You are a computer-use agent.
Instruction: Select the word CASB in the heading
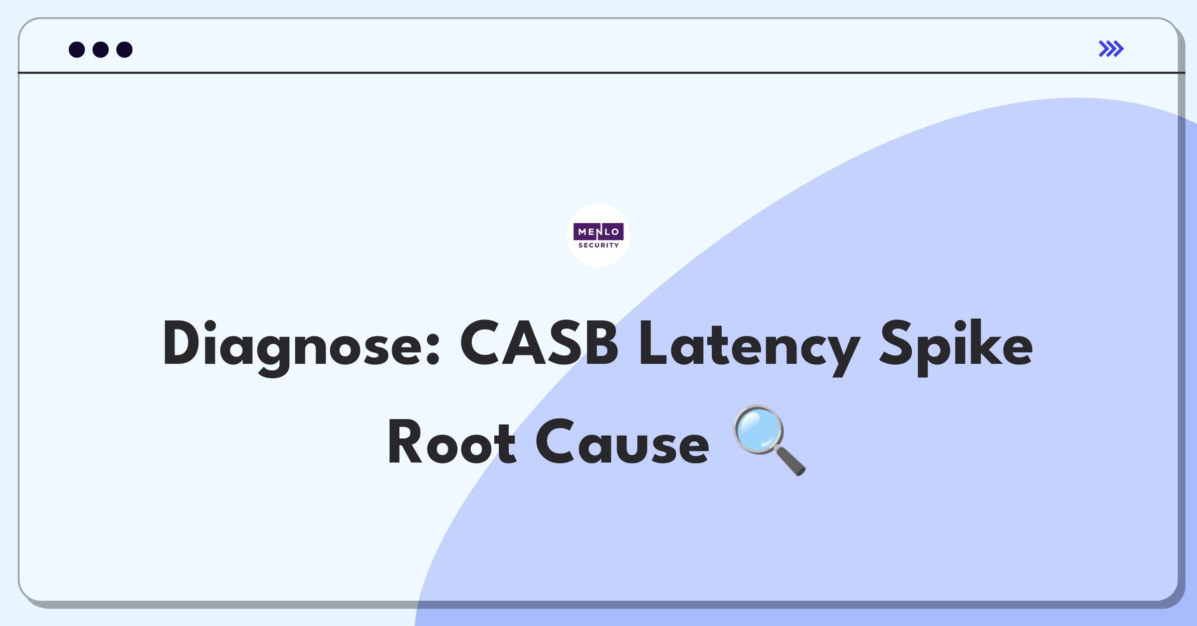(x=539, y=343)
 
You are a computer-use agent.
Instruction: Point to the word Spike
(x=956, y=347)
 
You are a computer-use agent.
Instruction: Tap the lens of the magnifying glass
(x=759, y=430)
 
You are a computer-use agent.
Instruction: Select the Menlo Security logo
(x=598, y=235)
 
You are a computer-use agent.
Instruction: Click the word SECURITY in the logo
(x=598, y=245)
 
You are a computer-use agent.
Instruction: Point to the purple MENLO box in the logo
(x=598, y=232)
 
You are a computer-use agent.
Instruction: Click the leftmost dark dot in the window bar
(x=77, y=49)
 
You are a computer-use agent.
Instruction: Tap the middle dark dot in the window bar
(x=101, y=49)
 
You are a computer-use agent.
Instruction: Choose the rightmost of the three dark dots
(x=124, y=49)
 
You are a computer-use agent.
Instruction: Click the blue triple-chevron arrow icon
(x=1111, y=49)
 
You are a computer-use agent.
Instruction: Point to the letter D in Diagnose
(x=181, y=343)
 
